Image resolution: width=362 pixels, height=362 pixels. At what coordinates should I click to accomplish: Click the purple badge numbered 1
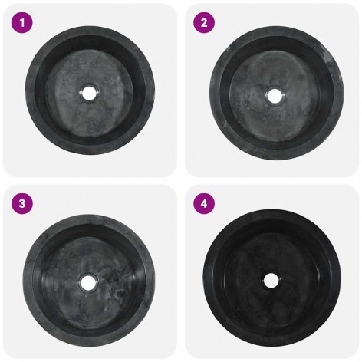(x=22, y=22)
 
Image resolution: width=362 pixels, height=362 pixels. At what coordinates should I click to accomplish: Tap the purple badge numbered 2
(x=204, y=22)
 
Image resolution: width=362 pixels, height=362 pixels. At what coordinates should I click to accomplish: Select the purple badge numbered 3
(x=22, y=204)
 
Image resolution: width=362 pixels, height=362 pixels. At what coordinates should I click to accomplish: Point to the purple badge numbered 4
(x=204, y=204)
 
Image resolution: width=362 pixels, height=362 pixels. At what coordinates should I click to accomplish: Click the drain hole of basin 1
(x=89, y=92)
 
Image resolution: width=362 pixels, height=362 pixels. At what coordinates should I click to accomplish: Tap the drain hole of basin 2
(x=274, y=95)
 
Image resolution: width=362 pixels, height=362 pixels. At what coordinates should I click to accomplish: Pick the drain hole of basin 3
(x=88, y=282)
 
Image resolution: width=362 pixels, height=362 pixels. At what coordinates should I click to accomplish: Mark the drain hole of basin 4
(x=271, y=281)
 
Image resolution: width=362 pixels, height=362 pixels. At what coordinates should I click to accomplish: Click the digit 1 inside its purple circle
(x=22, y=23)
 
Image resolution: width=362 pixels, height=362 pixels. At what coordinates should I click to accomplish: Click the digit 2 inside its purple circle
(x=204, y=23)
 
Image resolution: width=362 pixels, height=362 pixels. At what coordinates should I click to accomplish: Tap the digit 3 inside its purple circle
(x=22, y=204)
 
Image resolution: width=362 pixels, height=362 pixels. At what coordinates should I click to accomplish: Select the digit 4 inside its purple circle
(x=204, y=204)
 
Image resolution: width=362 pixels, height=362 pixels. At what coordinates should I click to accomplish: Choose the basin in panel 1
(x=90, y=90)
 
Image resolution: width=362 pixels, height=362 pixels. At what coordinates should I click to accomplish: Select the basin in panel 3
(x=89, y=281)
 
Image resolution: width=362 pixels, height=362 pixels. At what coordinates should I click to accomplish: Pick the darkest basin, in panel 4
(x=272, y=278)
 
